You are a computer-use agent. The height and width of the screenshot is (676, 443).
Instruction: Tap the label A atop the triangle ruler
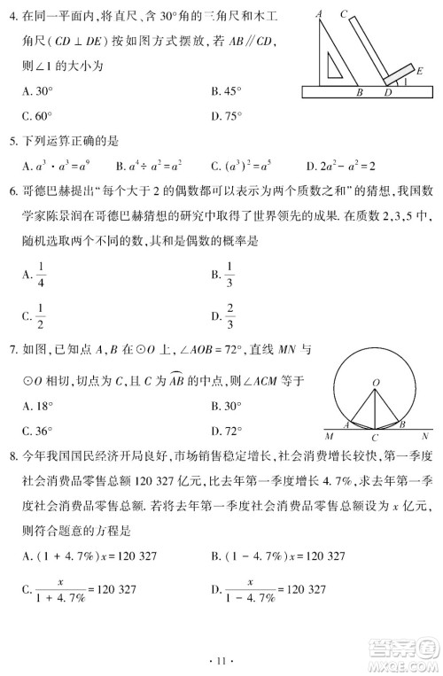pyautogui.click(x=318, y=13)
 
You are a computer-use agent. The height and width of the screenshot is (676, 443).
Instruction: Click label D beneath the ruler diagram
pyautogui.click(x=387, y=91)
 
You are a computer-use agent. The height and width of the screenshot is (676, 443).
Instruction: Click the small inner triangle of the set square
pyautogui.click(x=335, y=67)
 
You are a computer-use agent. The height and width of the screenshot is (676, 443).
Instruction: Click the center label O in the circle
pyautogui.click(x=376, y=383)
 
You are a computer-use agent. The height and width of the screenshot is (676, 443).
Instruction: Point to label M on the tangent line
pyautogui.click(x=330, y=437)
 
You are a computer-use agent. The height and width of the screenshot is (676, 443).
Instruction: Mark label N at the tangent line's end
pyautogui.click(x=425, y=437)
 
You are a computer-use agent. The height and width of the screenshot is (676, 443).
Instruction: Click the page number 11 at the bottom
pyautogui.click(x=221, y=660)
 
